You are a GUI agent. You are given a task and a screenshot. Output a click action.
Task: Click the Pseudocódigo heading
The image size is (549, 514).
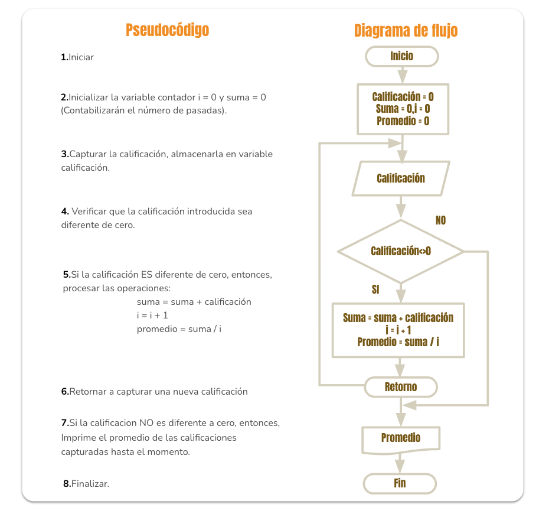coord(168,31)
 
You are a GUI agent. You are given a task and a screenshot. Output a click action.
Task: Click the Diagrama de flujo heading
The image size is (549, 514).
coord(406,31)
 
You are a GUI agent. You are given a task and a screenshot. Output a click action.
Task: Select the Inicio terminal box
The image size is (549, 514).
coord(402,56)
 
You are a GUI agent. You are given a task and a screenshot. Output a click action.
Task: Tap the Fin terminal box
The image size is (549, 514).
coord(400,483)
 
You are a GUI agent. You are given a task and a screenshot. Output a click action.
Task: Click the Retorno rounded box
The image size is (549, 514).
coord(401,387)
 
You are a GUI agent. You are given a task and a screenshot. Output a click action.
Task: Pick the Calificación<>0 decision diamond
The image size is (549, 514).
coord(401,251)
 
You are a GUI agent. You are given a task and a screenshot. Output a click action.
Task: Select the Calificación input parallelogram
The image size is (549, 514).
coord(401,178)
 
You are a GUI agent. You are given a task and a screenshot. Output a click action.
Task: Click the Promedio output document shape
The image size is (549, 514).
coord(401,440)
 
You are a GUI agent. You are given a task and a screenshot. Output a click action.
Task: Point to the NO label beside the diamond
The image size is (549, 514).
coord(440,220)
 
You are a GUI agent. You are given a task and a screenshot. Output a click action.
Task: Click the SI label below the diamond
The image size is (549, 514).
coord(375,289)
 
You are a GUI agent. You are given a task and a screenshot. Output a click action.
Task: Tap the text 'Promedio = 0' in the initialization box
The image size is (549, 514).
coord(403,121)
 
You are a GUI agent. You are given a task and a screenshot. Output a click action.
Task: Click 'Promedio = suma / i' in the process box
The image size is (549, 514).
coord(398,342)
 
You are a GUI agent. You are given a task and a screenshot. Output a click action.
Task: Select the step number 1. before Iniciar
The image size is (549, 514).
coord(64,57)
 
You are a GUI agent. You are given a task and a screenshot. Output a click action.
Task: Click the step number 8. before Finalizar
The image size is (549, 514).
coord(67,484)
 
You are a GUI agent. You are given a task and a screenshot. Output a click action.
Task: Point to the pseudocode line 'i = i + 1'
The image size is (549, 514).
coord(152,315)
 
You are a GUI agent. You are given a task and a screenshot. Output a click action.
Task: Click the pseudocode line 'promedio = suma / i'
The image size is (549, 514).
coord(179,329)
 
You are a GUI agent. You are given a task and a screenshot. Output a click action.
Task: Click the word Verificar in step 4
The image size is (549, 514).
coord(89,212)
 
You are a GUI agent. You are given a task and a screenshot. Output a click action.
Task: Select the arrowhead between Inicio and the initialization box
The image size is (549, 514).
coord(402,76)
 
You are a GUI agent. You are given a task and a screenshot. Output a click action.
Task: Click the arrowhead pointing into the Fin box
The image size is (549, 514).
coord(400,467)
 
